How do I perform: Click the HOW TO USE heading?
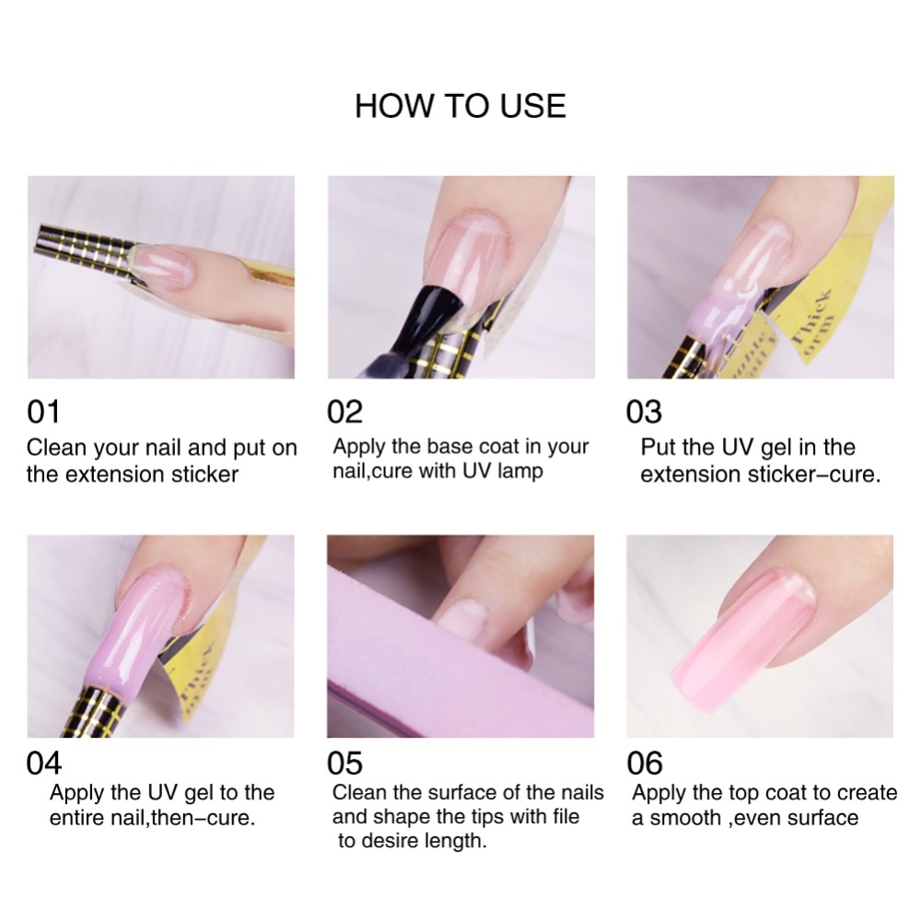coord(460,106)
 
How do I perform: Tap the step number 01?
coord(43,412)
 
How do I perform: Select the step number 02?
coord(345,412)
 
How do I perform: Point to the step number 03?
coord(644,412)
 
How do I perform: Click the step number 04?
coord(44,764)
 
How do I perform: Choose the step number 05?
coord(345,764)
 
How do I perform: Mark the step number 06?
coord(645,764)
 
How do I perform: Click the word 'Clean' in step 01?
coord(55,449)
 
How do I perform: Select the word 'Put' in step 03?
coord(658,448)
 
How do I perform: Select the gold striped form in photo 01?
coord(87,243)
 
